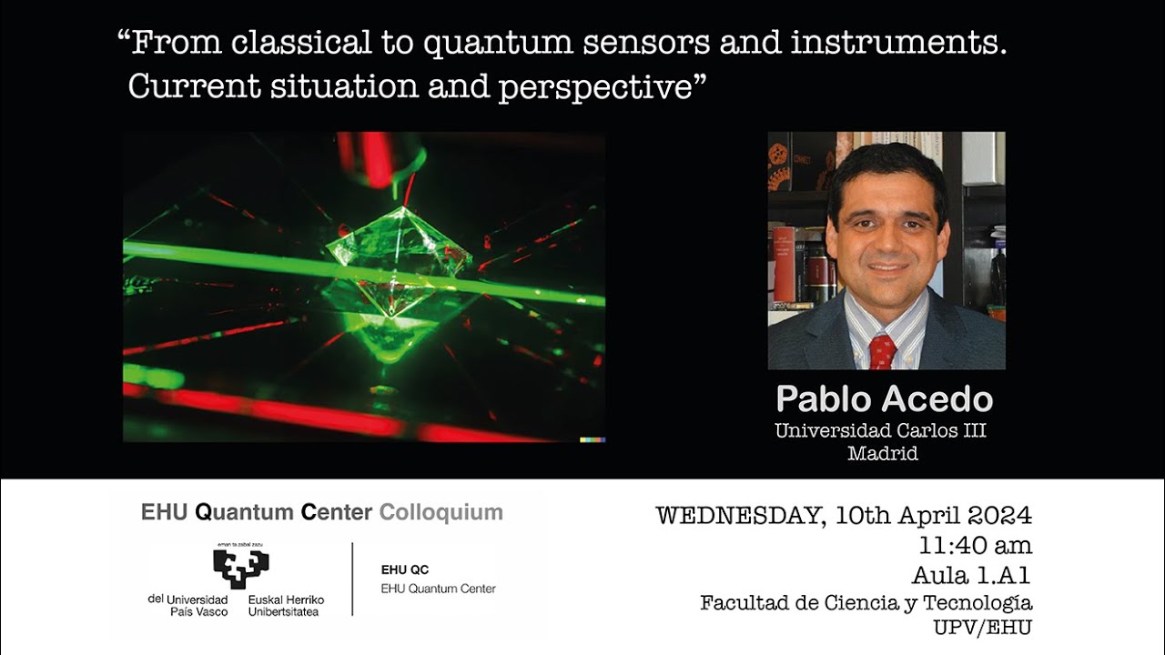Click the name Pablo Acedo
click(884, 398)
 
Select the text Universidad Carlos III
click(880, 430)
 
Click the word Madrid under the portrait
click(882, 453)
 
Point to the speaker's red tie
click(882, 351)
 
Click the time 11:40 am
click(975, 546)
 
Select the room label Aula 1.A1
click(971, 575)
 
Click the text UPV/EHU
click(982, 627)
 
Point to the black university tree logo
click(240, 568)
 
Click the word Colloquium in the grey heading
click(441, 512)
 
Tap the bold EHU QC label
click(404, 569)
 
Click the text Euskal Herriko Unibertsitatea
click(286, 606)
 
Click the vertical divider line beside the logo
click(352, 579)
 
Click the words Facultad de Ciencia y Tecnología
click(866, 602)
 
